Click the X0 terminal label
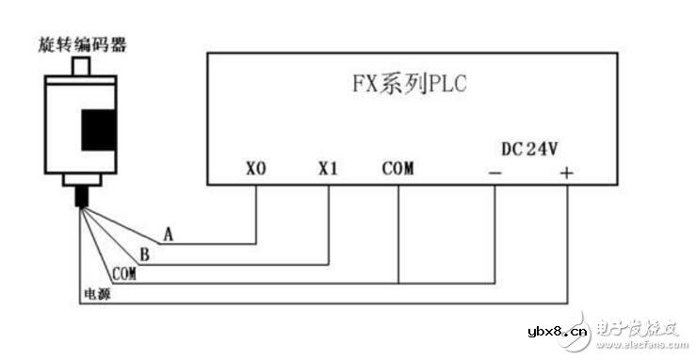tap(256, 171)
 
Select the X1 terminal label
tap(327, 171)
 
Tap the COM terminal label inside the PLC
tap(397, 171)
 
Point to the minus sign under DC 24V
tap(495, 173)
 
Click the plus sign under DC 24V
tap(567, 173)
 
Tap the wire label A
tap(168, 233)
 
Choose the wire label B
tap(143, 254)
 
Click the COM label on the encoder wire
tap(123, 274)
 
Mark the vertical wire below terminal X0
tap(256, 212)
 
